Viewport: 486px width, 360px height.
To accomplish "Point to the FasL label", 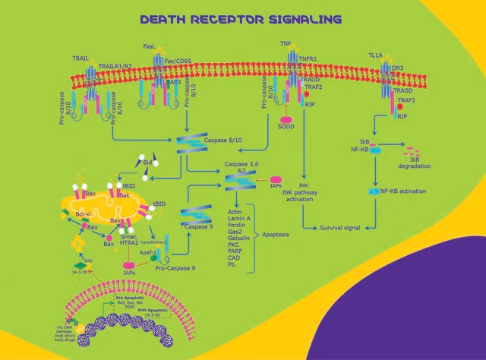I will [x=149, y=46].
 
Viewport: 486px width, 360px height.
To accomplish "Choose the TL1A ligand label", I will [x=374, y=56].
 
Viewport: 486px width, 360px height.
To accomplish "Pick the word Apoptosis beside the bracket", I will [x=277, y=236].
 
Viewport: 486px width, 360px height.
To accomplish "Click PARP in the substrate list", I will [x=235, y=251].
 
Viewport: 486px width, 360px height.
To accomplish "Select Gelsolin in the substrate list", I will [x=239, y=236].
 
